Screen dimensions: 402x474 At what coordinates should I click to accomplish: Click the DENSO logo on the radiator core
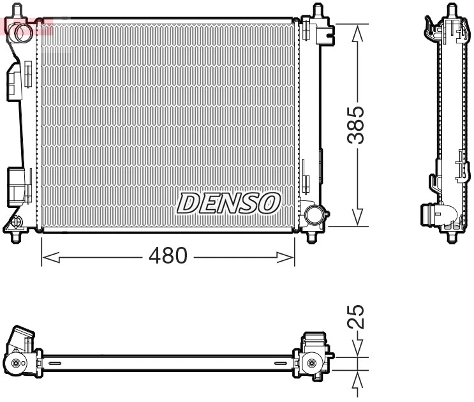coord(228,204)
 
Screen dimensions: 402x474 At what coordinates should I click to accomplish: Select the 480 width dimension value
coord(168,257)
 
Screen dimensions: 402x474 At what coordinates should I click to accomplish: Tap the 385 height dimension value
coord(359,124)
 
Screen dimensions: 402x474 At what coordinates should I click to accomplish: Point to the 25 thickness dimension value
coord(359,316)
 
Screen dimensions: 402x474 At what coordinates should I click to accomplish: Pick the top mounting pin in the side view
coord(452,11)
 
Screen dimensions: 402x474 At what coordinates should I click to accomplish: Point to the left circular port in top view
coord(15,365)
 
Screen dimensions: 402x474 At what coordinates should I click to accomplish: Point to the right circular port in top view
coord(311,364)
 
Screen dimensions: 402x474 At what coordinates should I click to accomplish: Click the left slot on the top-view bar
coord(54,363)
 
